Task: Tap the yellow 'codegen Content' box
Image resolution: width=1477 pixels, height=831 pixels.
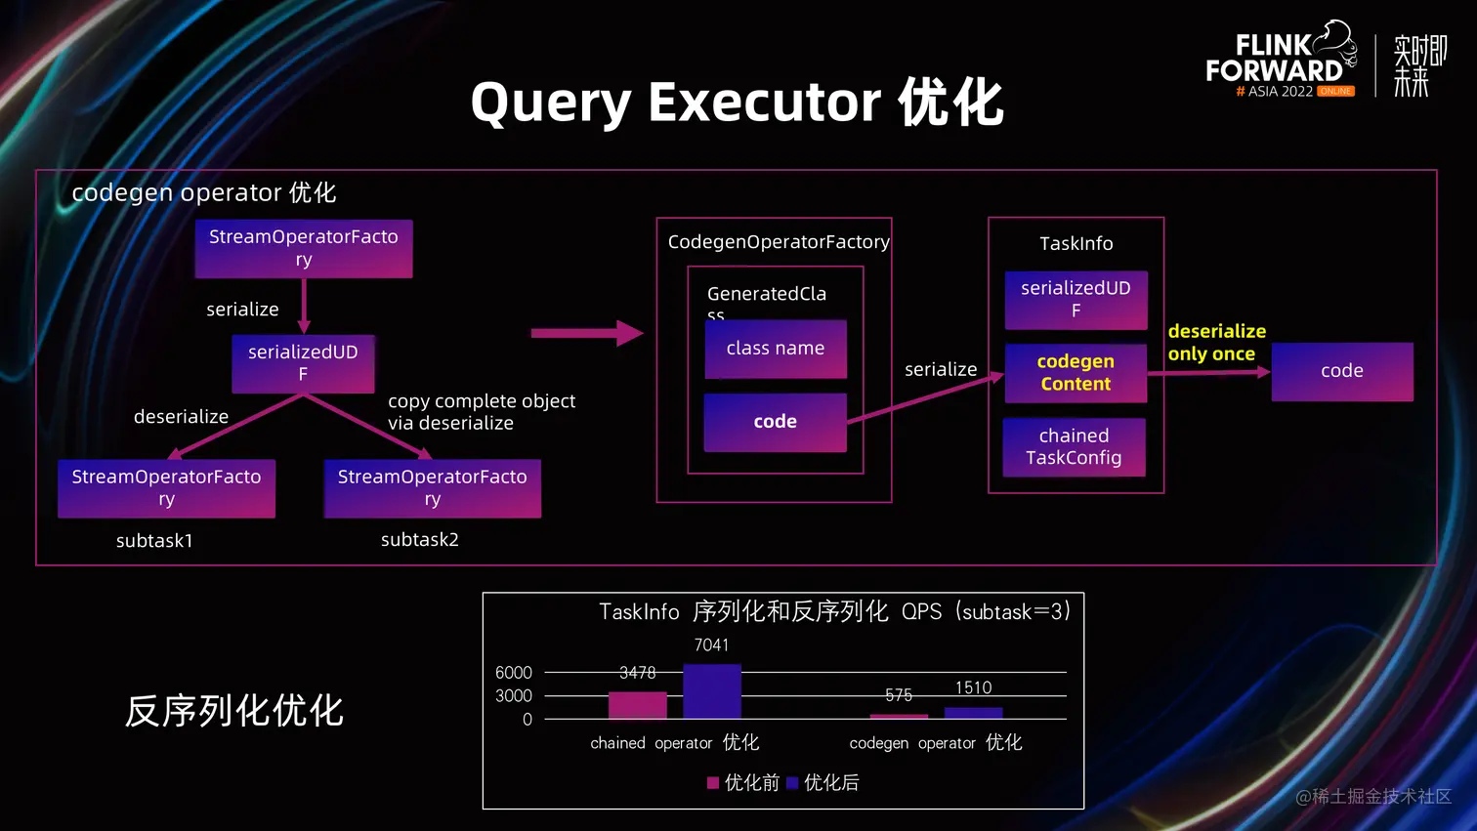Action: point(1076,373)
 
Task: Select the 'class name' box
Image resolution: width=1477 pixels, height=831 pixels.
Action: point(776,349)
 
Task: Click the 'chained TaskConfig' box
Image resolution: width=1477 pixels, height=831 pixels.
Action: point(1074,447)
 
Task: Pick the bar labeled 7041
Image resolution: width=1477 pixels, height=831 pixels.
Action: point(712,691)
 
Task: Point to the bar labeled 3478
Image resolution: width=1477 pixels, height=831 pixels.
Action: point(637,705)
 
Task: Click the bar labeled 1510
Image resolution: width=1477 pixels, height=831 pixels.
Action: point(973,713)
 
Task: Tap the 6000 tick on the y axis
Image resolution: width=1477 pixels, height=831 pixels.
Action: point(514,673)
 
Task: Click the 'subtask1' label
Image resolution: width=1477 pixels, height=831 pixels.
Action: point(154,541)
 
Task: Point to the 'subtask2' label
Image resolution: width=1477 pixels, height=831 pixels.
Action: point(420,540)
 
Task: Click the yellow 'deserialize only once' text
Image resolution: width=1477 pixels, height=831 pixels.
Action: point(1216,343)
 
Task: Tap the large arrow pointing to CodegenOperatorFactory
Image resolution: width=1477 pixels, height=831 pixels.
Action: point(586,333)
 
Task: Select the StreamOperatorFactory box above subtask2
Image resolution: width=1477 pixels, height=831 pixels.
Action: point(433,488)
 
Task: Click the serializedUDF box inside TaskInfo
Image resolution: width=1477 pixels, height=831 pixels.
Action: point(1076,300)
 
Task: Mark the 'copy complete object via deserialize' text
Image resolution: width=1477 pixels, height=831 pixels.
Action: point(482,412)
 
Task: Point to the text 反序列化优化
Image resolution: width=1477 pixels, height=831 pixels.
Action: point(234,711)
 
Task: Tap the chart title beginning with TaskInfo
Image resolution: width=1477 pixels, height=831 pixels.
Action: point(834,612)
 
